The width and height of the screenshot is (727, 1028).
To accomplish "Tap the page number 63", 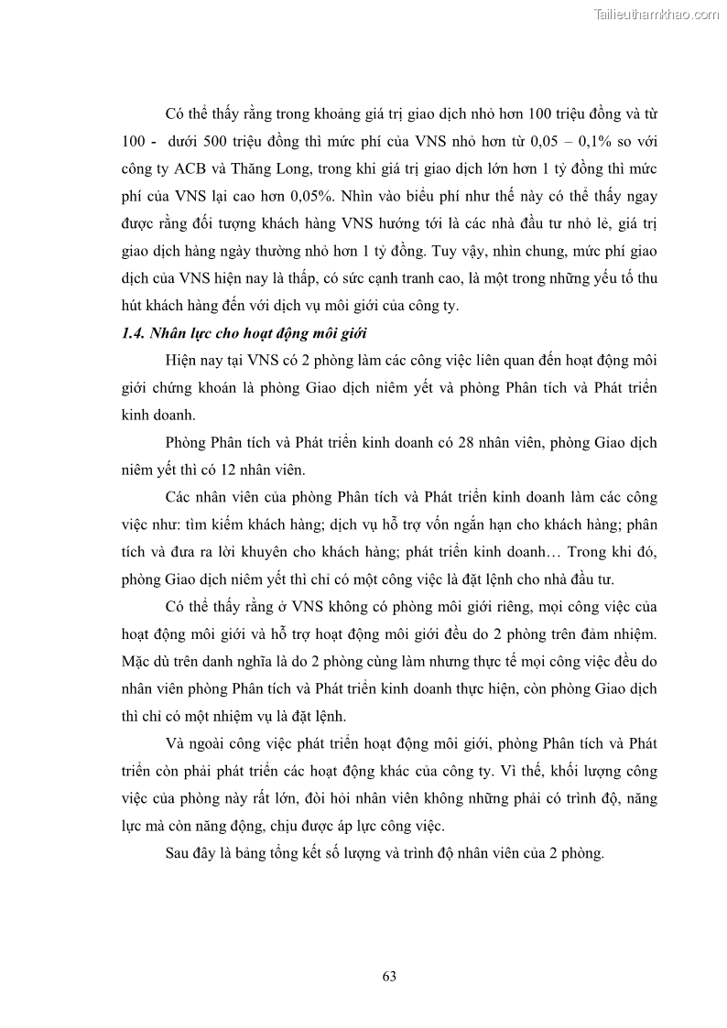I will pos(389,976).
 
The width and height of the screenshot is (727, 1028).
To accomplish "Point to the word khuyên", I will pos(271,552).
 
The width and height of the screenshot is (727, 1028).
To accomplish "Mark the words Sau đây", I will pos(187,853).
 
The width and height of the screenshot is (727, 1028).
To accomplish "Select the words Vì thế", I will pos(531,771).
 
